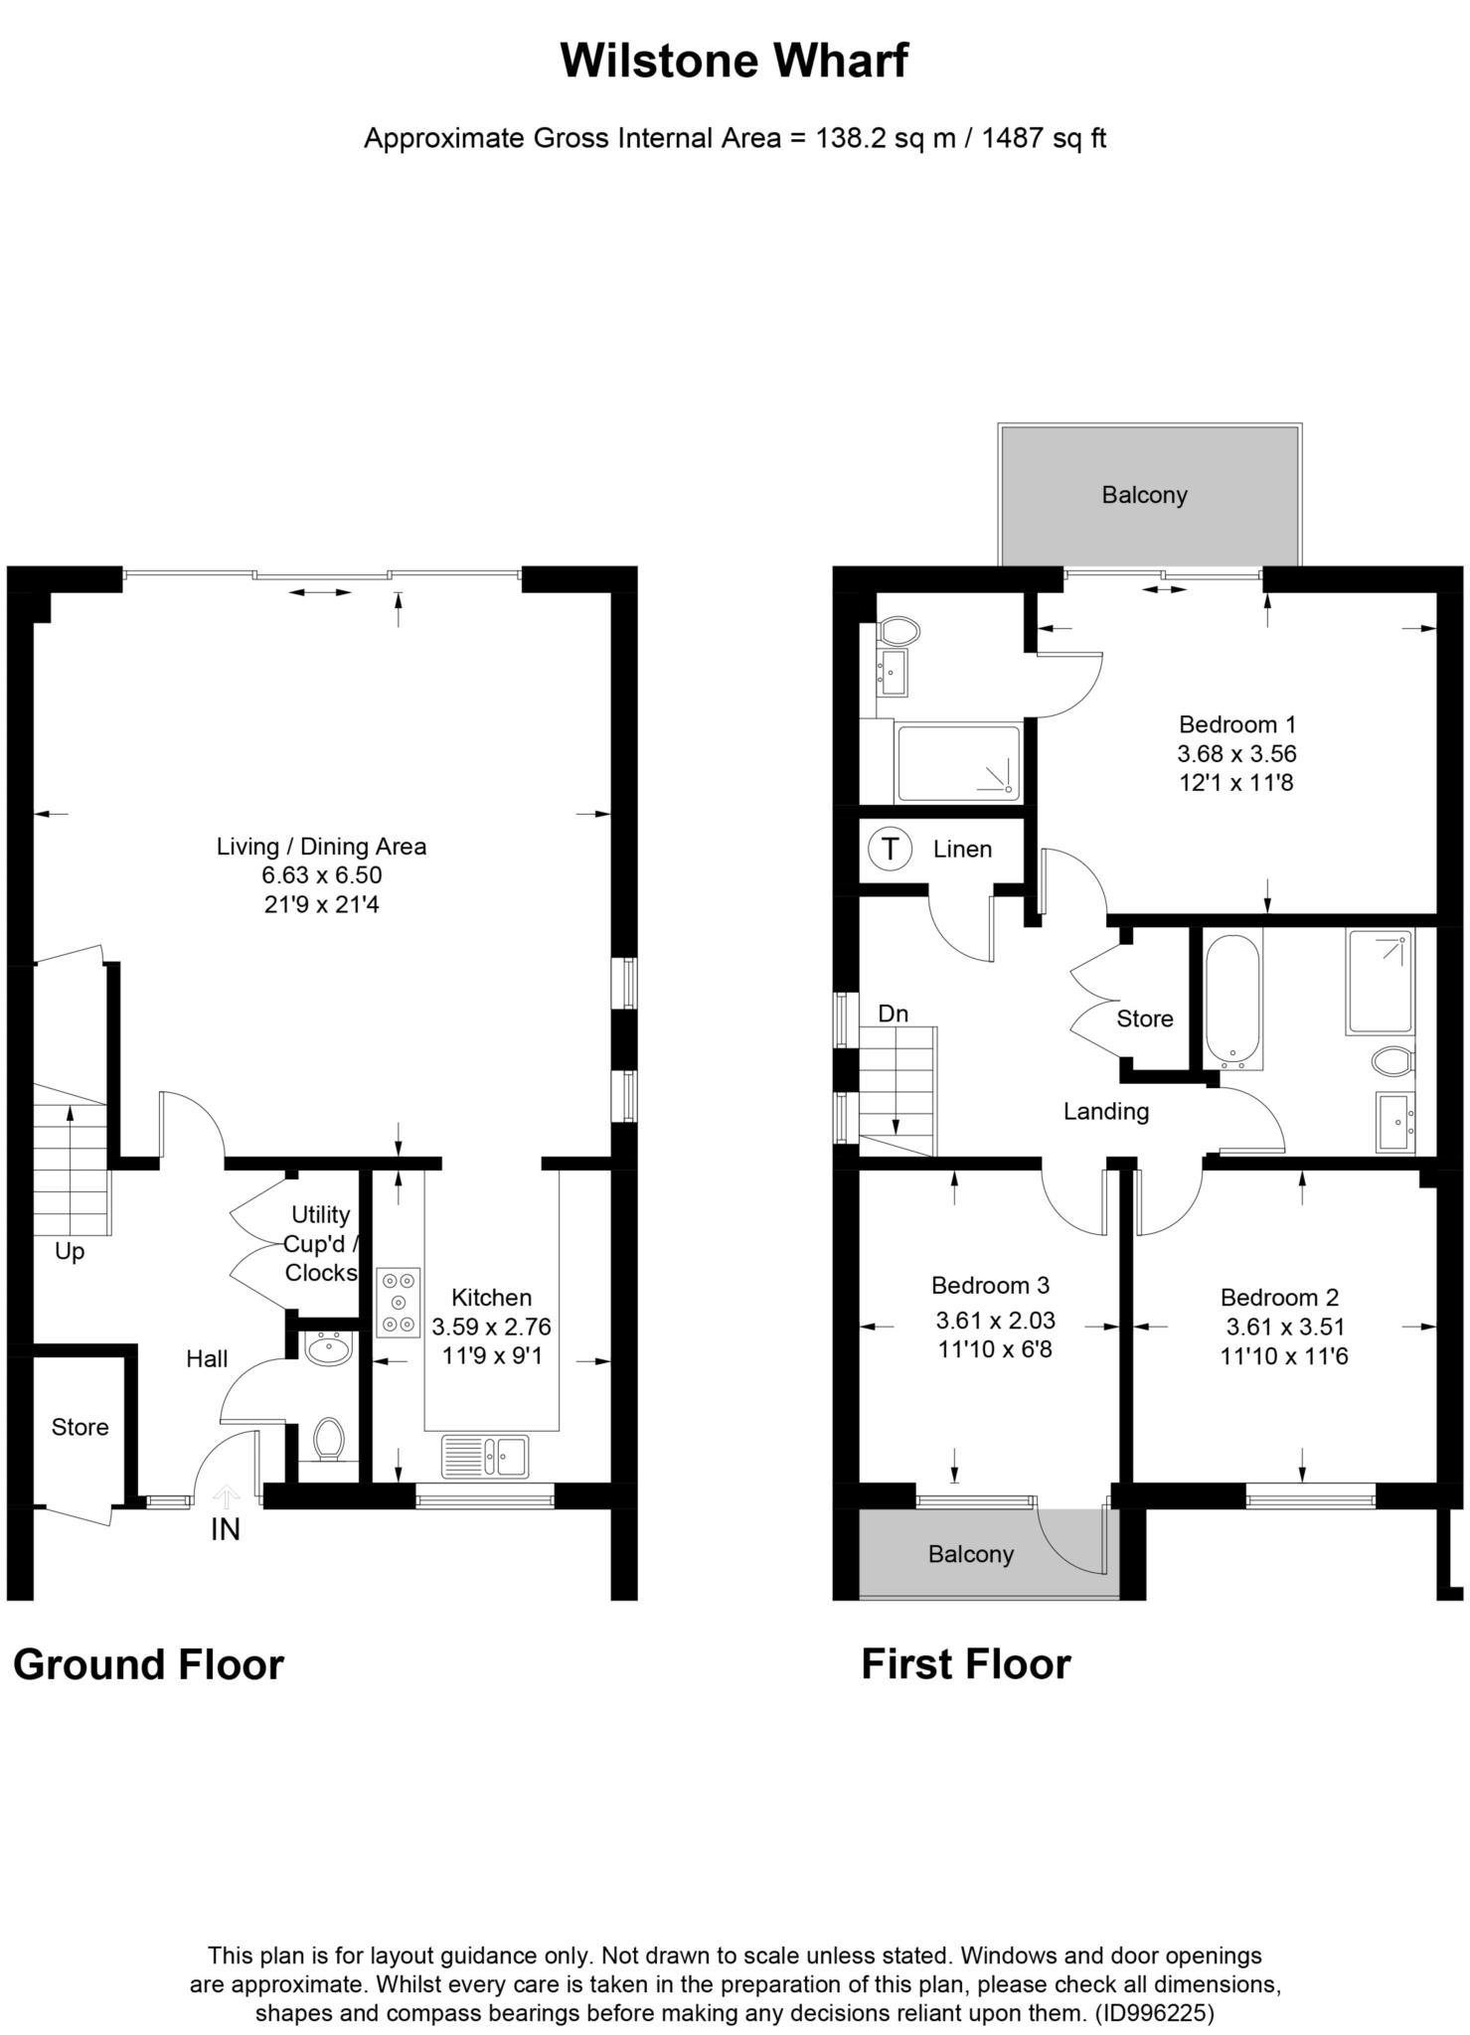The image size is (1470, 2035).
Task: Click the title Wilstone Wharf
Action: (x=734, y=62)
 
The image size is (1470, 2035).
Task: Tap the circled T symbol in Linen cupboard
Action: (x=890, y=849)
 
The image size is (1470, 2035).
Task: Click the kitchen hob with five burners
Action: (x=399, y=1302)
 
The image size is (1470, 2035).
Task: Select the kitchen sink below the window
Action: (x=486, y=1457)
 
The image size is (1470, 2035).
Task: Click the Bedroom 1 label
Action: (x=1236, y=724)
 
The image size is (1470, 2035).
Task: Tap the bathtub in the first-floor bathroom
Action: (x=1232, y=1001)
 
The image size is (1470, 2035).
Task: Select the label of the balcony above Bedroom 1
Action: (x=1144, y=495)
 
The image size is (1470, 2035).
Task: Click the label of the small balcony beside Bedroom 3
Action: (x=970, y=1554)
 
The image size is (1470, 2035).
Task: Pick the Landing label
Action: (x=1105, y=1111)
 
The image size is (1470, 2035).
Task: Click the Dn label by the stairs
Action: (x=893, y=1014)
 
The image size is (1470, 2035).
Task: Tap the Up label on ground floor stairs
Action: (x=70, y=1251)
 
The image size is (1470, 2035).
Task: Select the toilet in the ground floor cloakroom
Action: (x=328, y=1438)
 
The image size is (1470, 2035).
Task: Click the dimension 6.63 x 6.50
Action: (x=321, y=875)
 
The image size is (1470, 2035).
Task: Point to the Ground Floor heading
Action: (x=148, y=1664)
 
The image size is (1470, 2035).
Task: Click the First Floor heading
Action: (x=965, y=1664)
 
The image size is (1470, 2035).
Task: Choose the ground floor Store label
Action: (x=80, y=1427)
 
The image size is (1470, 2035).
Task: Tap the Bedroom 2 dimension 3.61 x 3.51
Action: (x=1284, y=1327)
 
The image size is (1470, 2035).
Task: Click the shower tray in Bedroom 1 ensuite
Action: (x=958, y=763)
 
